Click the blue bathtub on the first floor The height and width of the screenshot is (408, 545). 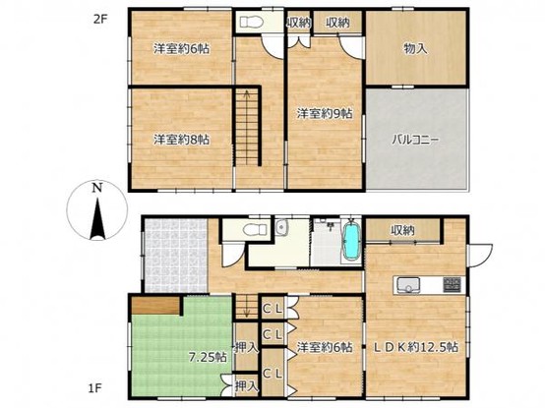coord(352,241)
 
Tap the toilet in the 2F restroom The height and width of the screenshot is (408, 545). coord(250,22)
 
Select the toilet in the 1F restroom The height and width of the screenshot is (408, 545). coord(255,229)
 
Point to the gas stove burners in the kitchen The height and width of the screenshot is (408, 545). coord(452,285)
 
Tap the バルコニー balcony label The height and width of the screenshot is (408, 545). coord(415,140)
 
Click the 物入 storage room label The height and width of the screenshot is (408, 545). coord(415,49)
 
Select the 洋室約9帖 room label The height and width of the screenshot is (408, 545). coord(325,113)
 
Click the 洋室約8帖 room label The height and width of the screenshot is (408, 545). coord(181,140)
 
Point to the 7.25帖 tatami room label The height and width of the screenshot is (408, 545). coord(208,357)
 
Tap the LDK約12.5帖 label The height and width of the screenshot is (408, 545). coord(415,347)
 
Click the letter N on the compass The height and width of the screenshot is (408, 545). coord(97,189)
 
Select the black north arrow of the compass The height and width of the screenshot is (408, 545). coord(97,218)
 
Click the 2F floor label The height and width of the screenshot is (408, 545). coord(101,19)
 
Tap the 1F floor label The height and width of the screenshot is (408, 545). coord(95,388)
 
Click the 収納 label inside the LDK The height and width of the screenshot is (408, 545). coord(402,230)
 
